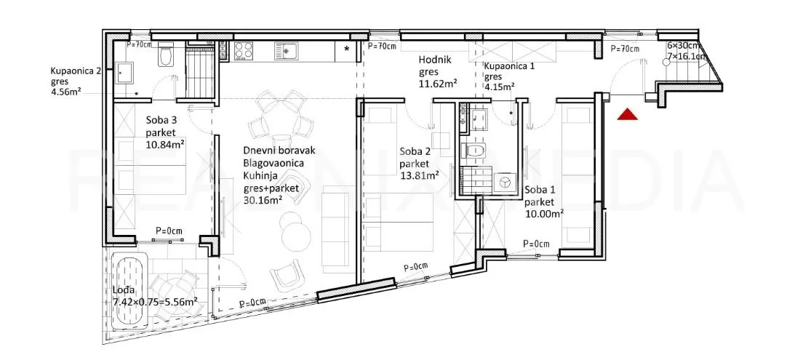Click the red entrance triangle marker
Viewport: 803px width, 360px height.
click(627, 114)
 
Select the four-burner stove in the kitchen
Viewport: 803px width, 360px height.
click(244, 51)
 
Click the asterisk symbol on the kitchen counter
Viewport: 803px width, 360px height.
click(347, 49)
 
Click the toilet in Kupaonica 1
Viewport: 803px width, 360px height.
click(474, 151)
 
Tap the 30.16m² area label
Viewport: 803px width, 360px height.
click(265, 201)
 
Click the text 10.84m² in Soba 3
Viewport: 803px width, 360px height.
click(165, 145)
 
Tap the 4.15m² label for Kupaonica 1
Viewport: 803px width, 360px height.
click(499, 87)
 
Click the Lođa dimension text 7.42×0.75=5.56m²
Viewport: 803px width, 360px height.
click(155, 303)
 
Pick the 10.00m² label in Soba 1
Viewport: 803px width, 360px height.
click(544, 214)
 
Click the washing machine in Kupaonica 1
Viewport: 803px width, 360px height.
click(504, 183)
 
